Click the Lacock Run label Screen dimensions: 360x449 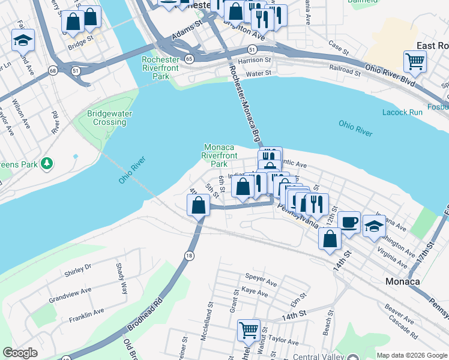click(402, 112)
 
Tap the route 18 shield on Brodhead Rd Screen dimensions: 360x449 click(189, 255)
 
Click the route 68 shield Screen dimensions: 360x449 click(53, 71)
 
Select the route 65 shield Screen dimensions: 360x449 click(189, 59)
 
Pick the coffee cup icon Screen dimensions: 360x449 click(349, 221)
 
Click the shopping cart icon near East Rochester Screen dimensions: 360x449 click(415, 61)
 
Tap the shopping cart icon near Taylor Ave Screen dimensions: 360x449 click(249, 329)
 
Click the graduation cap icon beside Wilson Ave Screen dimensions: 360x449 click(23, 40)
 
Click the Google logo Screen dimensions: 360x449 click(20, 353)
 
